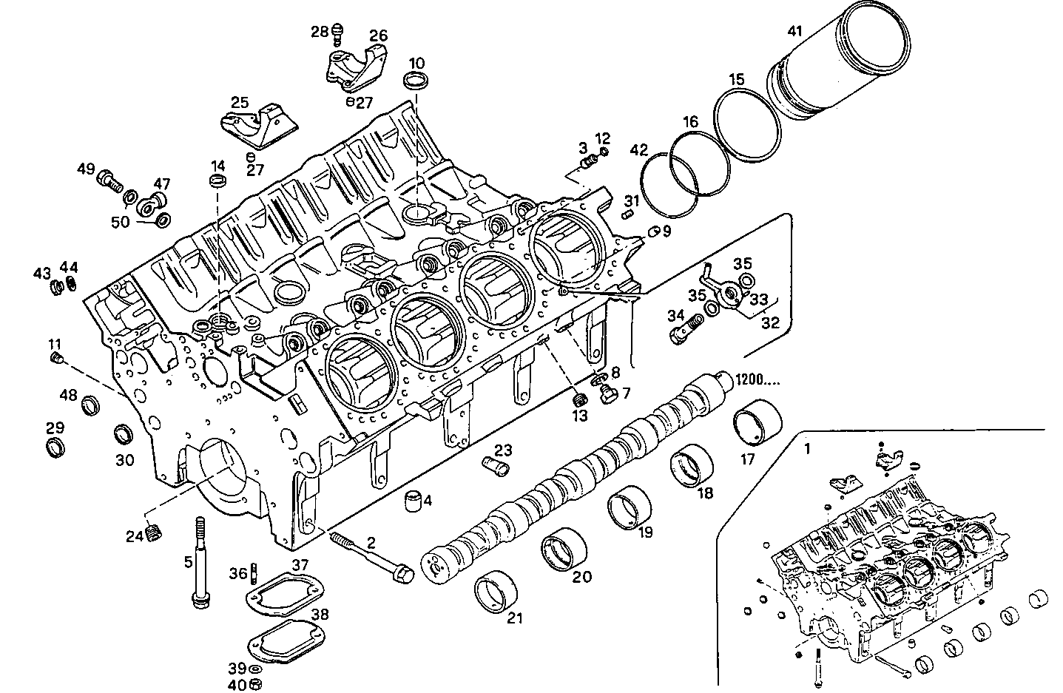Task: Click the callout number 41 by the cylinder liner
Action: coord(794,32)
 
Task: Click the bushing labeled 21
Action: coord(493,592)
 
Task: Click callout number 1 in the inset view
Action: coord(808,448)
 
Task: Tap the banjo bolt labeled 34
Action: coord(685,328)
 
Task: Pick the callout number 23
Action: coord(503,450)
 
